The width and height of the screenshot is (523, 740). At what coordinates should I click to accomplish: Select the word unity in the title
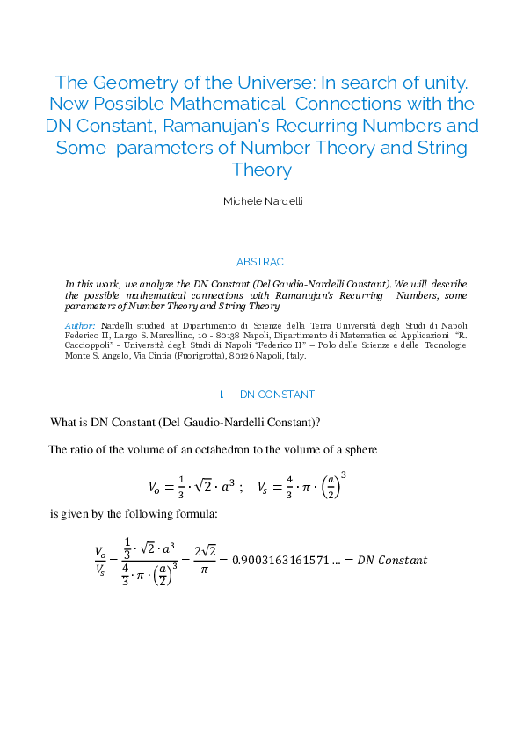(x=442, y=83)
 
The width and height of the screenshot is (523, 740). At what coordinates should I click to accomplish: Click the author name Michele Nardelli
(x=262, y=201)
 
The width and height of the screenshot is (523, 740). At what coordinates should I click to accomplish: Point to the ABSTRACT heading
(x=262, y=262)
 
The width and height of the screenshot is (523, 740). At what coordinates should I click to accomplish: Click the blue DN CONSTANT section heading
(x=277, y=395)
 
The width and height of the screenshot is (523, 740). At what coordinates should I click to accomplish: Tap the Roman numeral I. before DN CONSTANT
(x=222, y=395)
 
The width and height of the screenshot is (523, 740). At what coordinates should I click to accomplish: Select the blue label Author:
(x=80, y=326)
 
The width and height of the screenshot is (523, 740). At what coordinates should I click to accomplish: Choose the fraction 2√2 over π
(x=205, y=560)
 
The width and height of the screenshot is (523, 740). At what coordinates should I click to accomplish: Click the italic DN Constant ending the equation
(x=394, y=560)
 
